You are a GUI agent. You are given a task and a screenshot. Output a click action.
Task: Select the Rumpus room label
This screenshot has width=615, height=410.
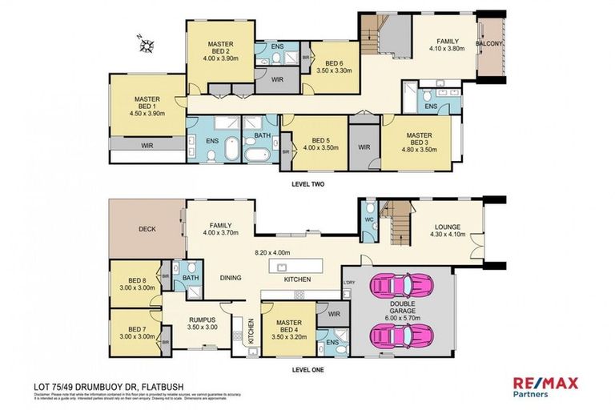202,322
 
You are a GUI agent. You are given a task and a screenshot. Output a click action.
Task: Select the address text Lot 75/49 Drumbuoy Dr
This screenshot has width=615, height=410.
109,386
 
